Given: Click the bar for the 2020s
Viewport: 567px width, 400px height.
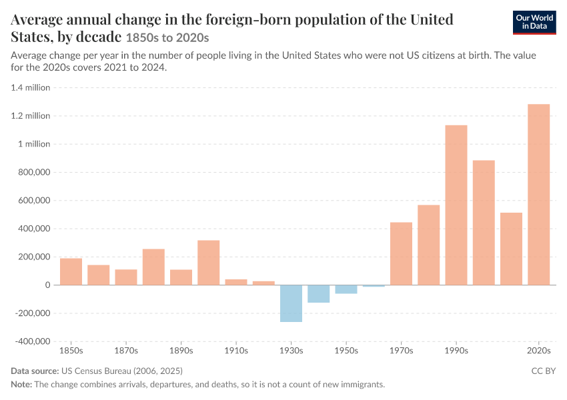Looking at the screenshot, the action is click(538, 195).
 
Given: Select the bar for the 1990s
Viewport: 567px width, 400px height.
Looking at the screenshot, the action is click(456, 205).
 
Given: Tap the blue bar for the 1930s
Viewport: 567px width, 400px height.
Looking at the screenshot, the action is click(291, 303).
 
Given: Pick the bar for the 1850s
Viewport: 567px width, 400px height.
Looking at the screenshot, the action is click(71, 271).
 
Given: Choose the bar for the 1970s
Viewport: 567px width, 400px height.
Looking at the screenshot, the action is click(401, 253).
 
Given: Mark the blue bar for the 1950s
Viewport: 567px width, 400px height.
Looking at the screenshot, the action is click(346, 289).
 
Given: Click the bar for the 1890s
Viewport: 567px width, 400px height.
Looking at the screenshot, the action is click(181, 277).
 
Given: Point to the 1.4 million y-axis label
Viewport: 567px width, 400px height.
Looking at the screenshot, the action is click(31, 88).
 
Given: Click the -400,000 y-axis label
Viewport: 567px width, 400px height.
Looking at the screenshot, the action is click(33, 341).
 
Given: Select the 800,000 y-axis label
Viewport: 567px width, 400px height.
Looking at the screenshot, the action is click(34, 173).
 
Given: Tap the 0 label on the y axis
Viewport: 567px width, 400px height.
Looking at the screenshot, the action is click(48, 285).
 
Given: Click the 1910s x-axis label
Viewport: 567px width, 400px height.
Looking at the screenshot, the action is click(236, 351).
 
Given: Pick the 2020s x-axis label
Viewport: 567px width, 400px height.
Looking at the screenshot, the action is click(539, 351).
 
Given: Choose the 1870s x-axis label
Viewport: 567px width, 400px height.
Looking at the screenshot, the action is click(126, 351).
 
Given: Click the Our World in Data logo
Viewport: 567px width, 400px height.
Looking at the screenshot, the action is click(534, 23).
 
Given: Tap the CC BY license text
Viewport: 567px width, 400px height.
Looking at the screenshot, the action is click(544, 371).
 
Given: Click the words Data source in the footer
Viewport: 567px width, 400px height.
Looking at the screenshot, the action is click(35, 371).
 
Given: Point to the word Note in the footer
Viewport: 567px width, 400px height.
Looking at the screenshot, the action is click(21, 385).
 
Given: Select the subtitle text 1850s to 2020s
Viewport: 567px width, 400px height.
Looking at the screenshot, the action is click(167, 38).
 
